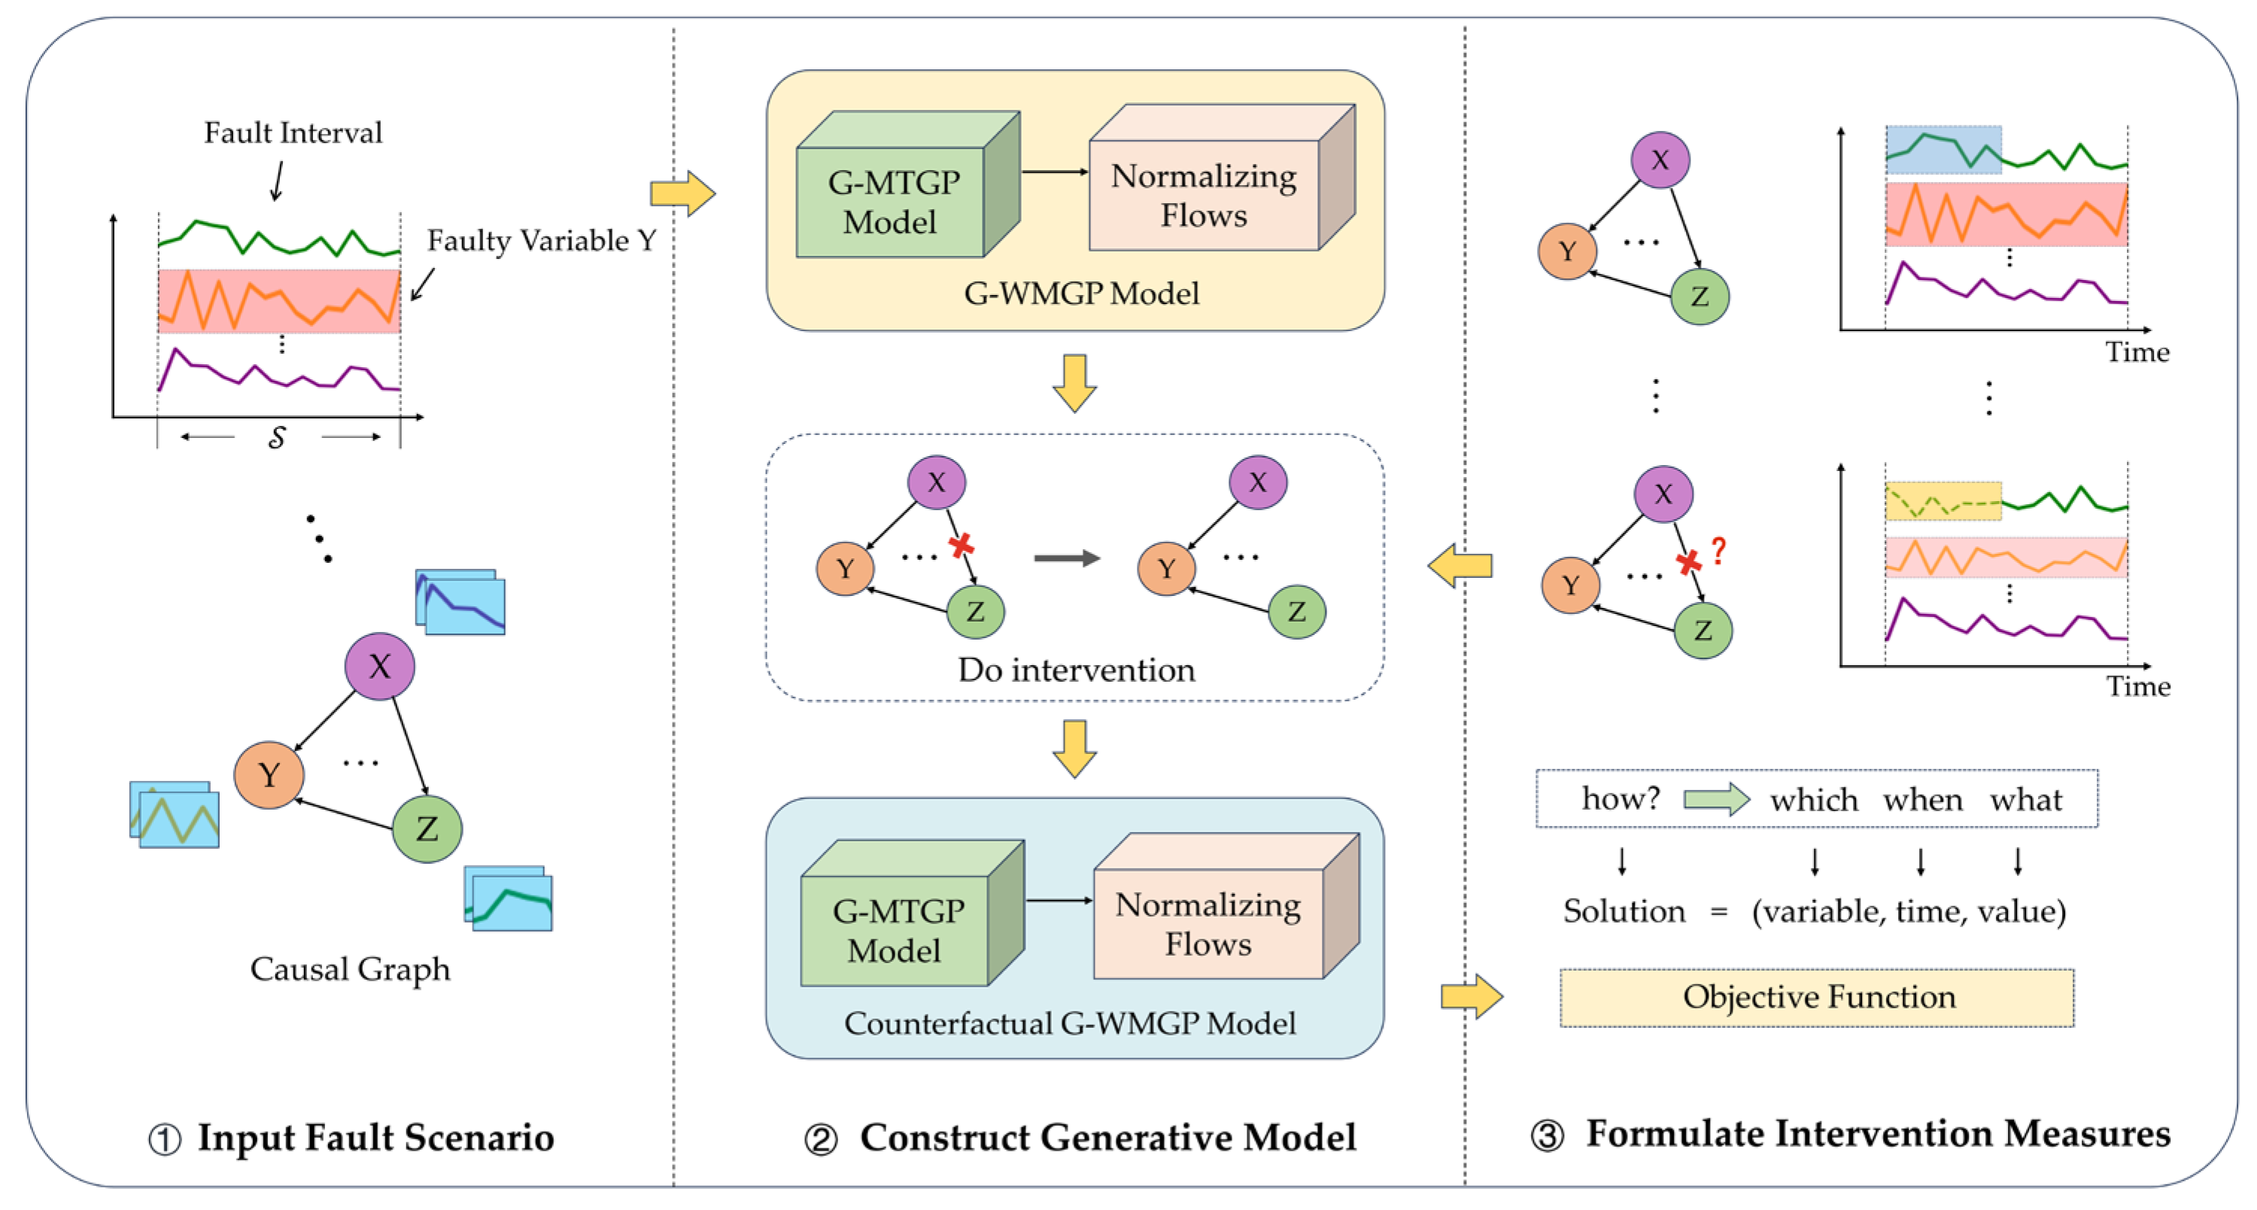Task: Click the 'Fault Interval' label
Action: tap(293, 133)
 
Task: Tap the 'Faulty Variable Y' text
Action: tap(542, 240)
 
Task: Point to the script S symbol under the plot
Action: tap(277, 436)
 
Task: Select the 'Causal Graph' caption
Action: tap(350, 969)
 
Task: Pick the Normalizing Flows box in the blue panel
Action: tap(1209, 924)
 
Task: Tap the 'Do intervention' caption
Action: tap(1076, 670)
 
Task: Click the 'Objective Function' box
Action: tap(1818, 997)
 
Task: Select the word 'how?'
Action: tap(1620, 798)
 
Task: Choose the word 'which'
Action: tap(1814, 800)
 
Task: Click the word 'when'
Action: tap(1922, 800)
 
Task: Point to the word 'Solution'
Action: tap(1624, 911)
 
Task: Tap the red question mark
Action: tap(1718, 551)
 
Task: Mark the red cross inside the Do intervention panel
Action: tap(961, 545)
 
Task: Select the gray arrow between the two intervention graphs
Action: tap(1066, 558)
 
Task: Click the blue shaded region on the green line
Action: tap(1943, 150)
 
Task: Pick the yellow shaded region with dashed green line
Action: tap(1943, 501)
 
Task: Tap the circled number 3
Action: tap(1547, 1136)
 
